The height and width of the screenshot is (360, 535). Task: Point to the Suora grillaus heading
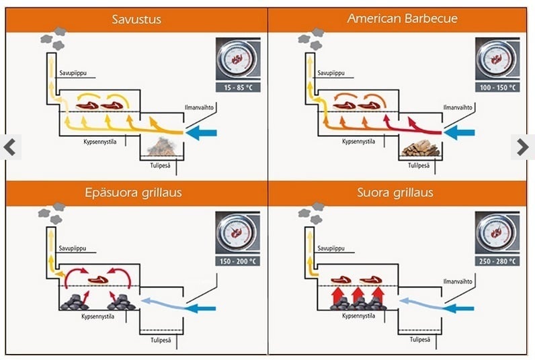(402, 193)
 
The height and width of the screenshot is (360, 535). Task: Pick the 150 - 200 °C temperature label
(238, 261)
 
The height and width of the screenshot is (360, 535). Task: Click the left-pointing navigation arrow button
(9, 147)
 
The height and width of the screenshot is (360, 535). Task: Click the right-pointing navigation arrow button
(523, 147)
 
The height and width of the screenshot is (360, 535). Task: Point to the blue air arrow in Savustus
(201, 133)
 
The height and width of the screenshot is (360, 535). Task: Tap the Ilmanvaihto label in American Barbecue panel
(458, 106)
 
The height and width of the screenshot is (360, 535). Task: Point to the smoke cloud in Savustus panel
(54, 37)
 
